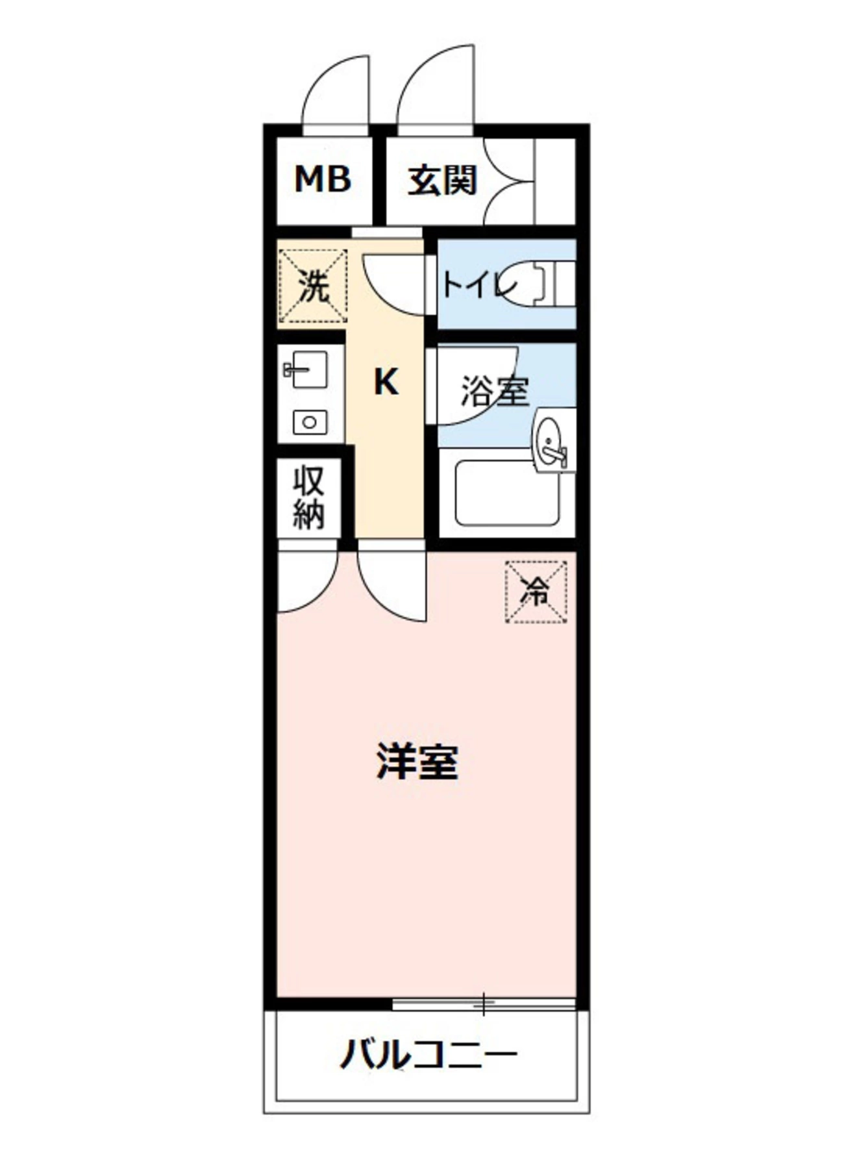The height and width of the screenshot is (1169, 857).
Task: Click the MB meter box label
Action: [323, 179]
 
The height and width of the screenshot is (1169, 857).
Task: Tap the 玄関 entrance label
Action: [441, 181]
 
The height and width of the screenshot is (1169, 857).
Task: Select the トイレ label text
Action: [479, 285]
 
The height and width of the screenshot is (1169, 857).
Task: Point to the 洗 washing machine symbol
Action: [314, 286]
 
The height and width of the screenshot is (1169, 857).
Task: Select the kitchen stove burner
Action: [309, 422]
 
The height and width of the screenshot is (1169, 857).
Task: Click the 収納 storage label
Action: [308, 498]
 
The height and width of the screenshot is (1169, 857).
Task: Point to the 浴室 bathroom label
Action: [495, 391]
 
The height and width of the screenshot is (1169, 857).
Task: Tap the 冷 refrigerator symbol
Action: [536, 592]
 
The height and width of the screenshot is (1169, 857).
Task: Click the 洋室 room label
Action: [417, 762]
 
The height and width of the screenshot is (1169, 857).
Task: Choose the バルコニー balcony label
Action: [429, 1055]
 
